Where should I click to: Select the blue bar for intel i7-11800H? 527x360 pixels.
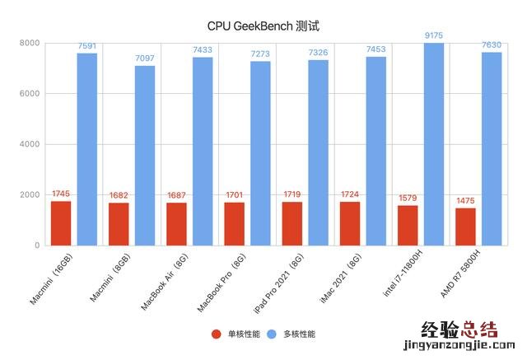pos(434,144)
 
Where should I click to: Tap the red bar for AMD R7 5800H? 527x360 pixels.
pos(466,227)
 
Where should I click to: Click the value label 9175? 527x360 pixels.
pos(434,35)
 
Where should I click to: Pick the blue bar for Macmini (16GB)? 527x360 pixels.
pos(87,149)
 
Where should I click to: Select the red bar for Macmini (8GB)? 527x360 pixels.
pos(119,224)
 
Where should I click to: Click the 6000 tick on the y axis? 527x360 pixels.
pos(30,94)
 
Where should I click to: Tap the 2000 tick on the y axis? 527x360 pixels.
pos(30,195)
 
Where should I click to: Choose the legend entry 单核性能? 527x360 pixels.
pos(238,334)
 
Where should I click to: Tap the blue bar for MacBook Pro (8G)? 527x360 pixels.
pos(260,153)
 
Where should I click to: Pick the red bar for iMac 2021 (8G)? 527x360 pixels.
pos(350,223)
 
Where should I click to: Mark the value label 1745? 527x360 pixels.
pos(61,194)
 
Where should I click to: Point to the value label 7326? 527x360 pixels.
pos(319,53)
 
